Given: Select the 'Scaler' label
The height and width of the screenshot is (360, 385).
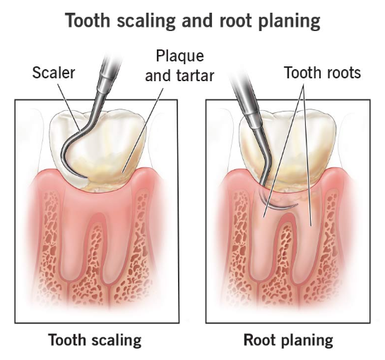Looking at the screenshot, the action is point(54,73).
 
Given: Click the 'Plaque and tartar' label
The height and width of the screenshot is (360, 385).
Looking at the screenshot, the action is point(179,66).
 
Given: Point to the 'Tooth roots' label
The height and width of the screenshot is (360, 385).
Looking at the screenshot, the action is point(322,73).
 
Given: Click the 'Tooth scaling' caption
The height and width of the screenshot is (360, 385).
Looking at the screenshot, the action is point(95,340).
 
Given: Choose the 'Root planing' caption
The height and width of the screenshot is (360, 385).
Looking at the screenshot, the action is point(288,340).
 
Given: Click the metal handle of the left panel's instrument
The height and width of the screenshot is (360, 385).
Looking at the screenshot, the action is point(108,76).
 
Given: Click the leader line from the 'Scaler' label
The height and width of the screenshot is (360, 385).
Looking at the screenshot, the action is point(69,108).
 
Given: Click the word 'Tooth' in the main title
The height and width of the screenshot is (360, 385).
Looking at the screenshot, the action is point(88,20).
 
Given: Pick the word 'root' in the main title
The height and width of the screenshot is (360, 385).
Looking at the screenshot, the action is point(235,22).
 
